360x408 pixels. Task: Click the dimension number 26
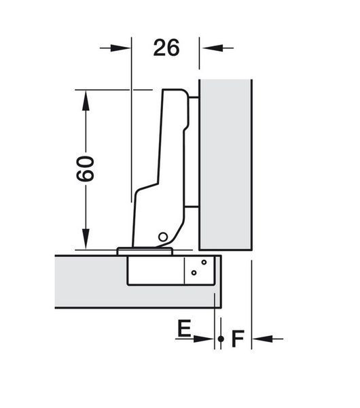click(x=166, y=48)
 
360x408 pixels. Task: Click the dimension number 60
click(x=85, y=169)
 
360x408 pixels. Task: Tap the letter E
click(x=184, y=328)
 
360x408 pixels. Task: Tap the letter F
click(x=238, y=339)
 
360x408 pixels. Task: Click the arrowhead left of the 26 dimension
click(x=120, y=48)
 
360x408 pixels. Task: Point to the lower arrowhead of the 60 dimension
click(x=86, y=239)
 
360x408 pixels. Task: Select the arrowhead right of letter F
click(x=262, y=339)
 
